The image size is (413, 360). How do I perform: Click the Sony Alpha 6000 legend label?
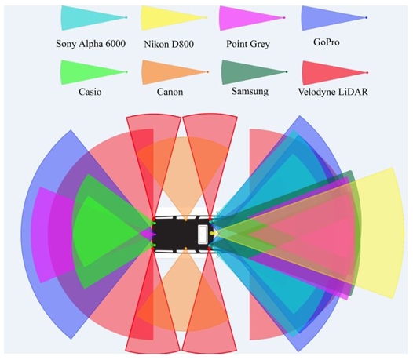tap(90, 44)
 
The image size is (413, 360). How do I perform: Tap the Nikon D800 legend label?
tap(169, 44)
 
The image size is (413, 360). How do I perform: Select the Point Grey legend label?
tap(248, 44)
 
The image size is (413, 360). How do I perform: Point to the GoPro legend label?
tap(327, 42)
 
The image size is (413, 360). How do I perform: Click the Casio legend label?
tap(90, 92)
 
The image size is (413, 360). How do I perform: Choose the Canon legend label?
tap(170, 92)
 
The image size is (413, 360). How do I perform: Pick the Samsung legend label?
tap(250, 91)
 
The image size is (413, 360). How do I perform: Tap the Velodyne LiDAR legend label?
tap(333, 92)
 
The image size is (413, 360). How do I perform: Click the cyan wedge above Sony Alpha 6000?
tap(90, 18)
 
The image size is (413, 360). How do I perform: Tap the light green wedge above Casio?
tap(90, 72)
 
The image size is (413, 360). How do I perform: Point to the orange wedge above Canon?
tap(171, 72)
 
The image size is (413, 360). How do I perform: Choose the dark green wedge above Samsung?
tap(250, 72)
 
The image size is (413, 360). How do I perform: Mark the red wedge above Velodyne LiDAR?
tap(331, 73)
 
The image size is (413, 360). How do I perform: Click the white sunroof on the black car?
tap(203, 235)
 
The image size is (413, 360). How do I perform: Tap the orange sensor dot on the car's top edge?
tap(185, 219)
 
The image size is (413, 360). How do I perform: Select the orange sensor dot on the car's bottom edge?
tap(185, 248)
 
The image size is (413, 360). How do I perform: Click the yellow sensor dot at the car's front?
tap(211, 234)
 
